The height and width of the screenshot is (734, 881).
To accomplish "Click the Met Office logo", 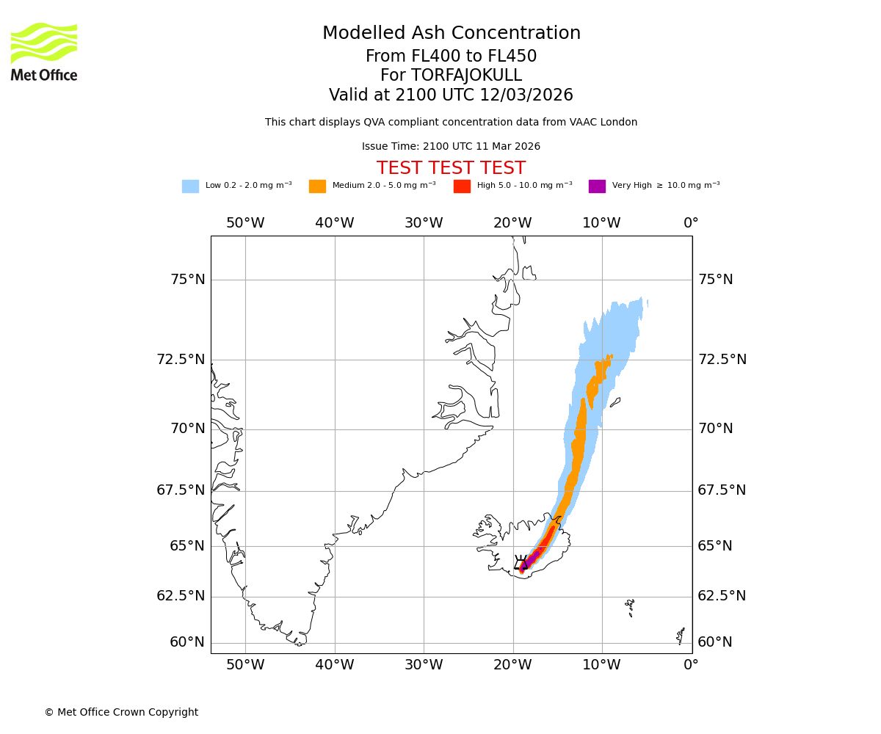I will point(44,51).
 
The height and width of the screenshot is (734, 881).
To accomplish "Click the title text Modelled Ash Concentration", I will point(451,34).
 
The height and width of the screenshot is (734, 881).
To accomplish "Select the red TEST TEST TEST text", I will point(451,168).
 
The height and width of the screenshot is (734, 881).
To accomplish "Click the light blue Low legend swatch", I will point(190,186).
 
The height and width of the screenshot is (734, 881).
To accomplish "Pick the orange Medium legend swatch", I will point(317,186).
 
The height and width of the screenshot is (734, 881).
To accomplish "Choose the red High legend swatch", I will point(462,186).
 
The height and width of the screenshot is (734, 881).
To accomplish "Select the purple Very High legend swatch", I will point(597,186).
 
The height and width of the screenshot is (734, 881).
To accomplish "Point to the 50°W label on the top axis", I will point(245,223).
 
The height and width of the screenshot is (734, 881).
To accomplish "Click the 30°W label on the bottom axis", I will point(424,666).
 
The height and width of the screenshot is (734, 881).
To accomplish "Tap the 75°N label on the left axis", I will point(188,280).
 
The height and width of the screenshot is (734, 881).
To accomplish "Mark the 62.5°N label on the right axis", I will point(722,596).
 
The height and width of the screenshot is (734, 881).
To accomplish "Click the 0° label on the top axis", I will point(691,223).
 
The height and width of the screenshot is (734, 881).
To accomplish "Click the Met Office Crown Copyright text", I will point(121,712).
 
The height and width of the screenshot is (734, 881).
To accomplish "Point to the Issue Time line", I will point(451,146).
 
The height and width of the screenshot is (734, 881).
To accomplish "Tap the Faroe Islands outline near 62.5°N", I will point(630,607).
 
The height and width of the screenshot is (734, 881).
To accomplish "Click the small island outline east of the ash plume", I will point(615,401).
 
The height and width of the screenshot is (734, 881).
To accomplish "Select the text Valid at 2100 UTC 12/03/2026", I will point(451,95).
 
